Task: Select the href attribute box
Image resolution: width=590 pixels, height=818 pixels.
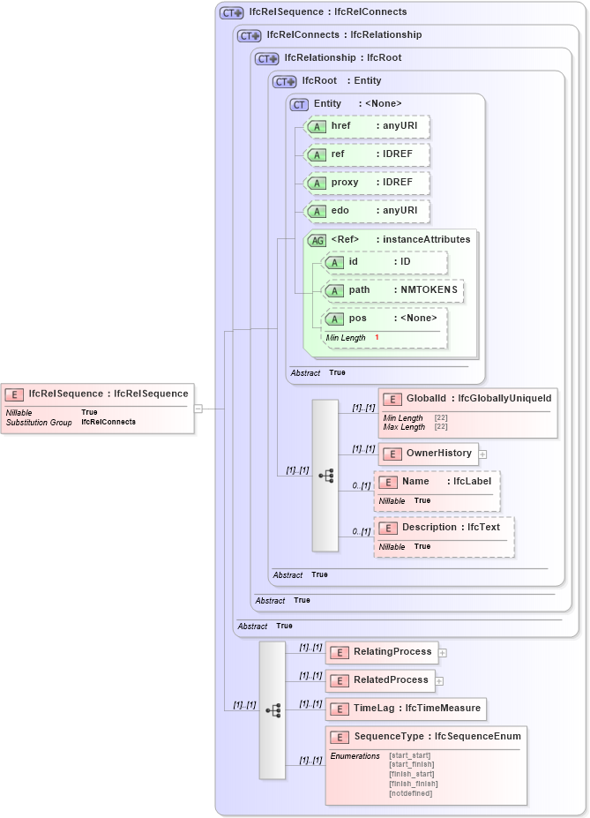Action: (x=366, y=126)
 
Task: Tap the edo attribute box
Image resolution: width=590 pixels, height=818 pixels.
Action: (x=366, y=211)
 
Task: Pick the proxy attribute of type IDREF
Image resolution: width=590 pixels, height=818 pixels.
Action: (x=366, y=183)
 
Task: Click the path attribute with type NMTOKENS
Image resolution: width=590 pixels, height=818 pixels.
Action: (x=392, y=290)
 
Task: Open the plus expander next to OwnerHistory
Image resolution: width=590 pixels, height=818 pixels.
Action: (x=482, y=454)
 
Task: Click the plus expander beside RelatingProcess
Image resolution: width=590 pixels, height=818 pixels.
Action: (x=443, y=653)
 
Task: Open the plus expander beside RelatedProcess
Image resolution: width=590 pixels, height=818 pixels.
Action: (x=439, y=680)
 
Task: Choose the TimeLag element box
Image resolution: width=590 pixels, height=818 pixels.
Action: (x=406, y=709)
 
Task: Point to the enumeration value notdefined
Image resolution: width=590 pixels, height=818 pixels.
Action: (x=411, y=793)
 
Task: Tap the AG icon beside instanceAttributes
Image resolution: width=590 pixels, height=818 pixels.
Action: (x=316, y=239)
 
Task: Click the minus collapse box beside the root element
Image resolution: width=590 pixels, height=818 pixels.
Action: (x=198, y=409)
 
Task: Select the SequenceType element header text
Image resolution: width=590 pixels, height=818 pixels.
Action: (x=437, y=737)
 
